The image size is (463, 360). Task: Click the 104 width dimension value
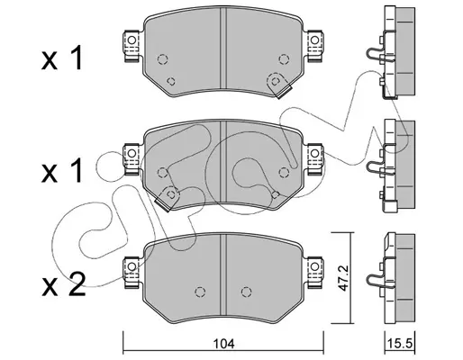[223, 344]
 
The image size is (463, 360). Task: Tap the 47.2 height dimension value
[343, 278]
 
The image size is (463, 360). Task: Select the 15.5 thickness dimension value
[400, 344]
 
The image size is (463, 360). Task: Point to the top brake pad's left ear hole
[132, 40]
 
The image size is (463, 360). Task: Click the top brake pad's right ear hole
[314, 40]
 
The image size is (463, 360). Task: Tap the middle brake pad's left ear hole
[132, 154]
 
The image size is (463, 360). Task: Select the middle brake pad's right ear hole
[314, 154]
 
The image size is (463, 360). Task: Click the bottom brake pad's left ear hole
[132, 266]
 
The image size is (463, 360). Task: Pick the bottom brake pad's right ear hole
[314, 266]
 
